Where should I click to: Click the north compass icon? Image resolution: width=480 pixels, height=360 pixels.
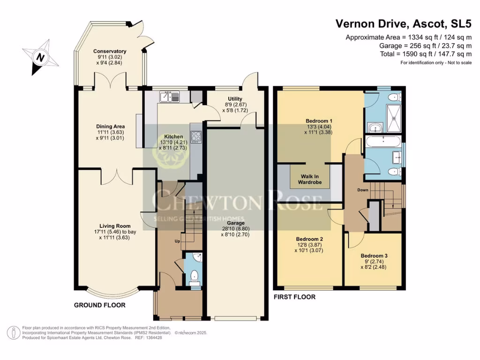point(41,57)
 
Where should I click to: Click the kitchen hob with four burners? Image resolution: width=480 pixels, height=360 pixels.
point(196,137)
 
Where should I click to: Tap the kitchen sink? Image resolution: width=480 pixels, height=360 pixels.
point(170,97)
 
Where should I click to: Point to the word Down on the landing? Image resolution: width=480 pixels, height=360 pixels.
point(363,190)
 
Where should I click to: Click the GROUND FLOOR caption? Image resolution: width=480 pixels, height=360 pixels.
point(99,305)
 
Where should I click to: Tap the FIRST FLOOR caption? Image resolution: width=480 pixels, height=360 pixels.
point(294,297)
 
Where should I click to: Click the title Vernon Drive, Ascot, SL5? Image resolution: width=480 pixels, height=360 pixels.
point(404,24)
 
